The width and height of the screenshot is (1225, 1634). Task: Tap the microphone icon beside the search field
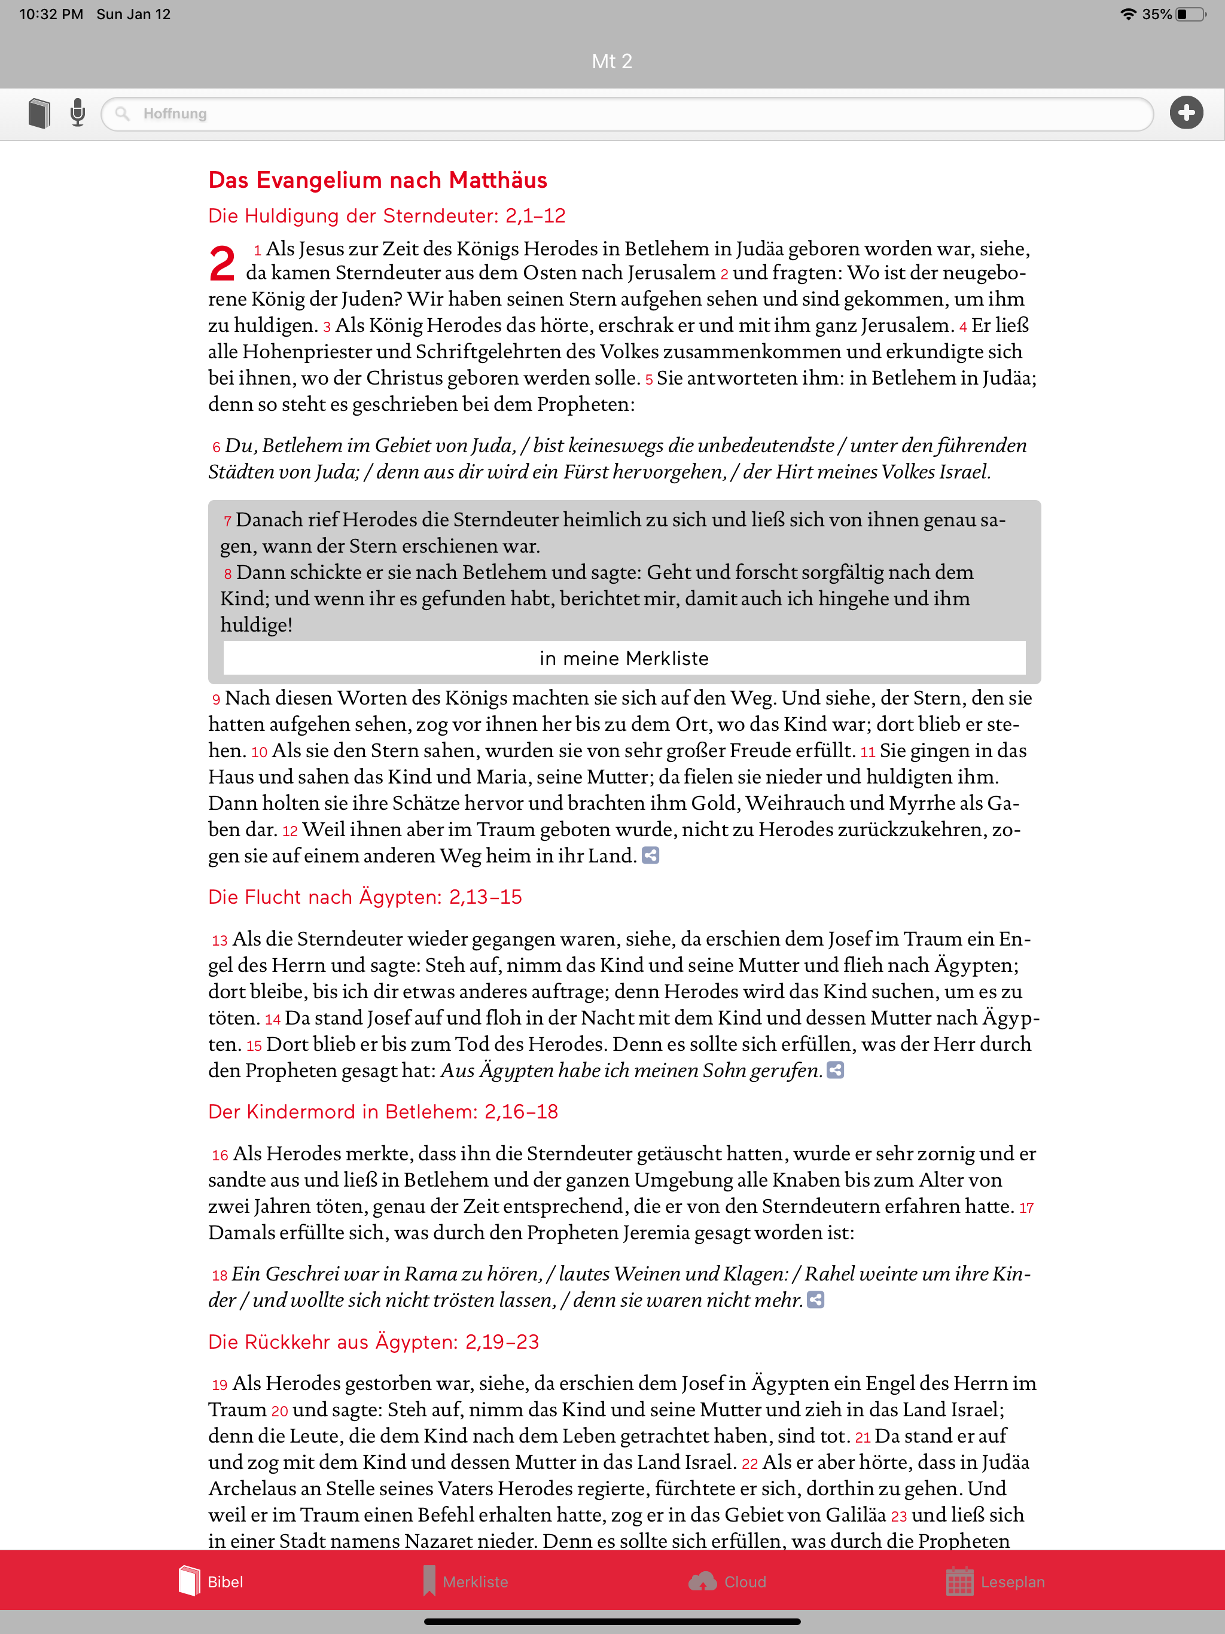point(78,113)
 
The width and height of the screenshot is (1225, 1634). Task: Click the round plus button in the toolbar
point(1186,113)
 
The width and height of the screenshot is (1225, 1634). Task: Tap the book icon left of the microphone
point(39,113)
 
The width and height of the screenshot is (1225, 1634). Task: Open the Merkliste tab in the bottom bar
point(465,1581)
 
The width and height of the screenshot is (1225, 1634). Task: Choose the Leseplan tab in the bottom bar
point(995,1581)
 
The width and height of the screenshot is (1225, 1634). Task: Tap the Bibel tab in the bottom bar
point(211,1581)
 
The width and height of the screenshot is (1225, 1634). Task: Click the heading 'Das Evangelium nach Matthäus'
point(377,180)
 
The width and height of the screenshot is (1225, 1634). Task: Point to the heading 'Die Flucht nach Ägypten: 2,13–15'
point(365,897)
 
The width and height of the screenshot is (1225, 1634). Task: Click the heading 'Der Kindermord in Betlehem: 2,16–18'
point(383,1112)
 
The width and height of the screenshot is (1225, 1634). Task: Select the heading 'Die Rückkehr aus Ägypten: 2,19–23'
point(373,1342)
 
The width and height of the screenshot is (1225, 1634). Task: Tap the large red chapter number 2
point(222,264)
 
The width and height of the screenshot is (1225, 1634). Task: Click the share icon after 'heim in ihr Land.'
point(650,855)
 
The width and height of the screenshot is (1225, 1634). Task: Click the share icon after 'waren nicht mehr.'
point(815,1300)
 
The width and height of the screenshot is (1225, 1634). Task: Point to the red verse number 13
point(220,940)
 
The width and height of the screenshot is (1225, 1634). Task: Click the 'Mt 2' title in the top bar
point(612,62)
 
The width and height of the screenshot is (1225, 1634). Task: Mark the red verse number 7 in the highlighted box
point(227,522)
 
